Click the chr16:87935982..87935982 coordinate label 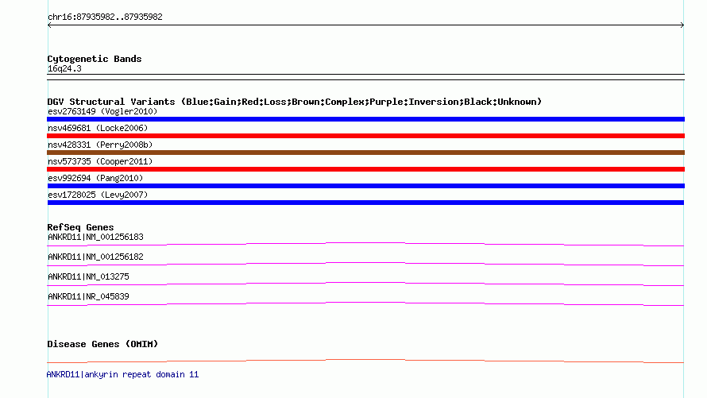pos(105,17)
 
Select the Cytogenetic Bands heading pos(95,59)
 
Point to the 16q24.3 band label pos(64,68)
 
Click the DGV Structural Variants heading pos(295,102)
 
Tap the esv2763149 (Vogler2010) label pos(102,111)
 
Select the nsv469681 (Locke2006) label pos(98,128)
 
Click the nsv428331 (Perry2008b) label pos(100,145)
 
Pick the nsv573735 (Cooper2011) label pos(100,161)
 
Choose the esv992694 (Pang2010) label pos(95,178)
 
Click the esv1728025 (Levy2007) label pos(98,195)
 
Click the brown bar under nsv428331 pos(365,153)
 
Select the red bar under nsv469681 pos(365,136)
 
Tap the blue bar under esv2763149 pos(365,119)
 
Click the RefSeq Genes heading pos(80,227)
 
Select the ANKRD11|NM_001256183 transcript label pos(95,237)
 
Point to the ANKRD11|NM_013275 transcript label pos(88,276)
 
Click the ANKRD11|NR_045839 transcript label pos(88,296)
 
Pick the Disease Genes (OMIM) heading pos(102,344)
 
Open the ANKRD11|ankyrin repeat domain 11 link pos(122,374)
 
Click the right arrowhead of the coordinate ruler pos(682,25)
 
